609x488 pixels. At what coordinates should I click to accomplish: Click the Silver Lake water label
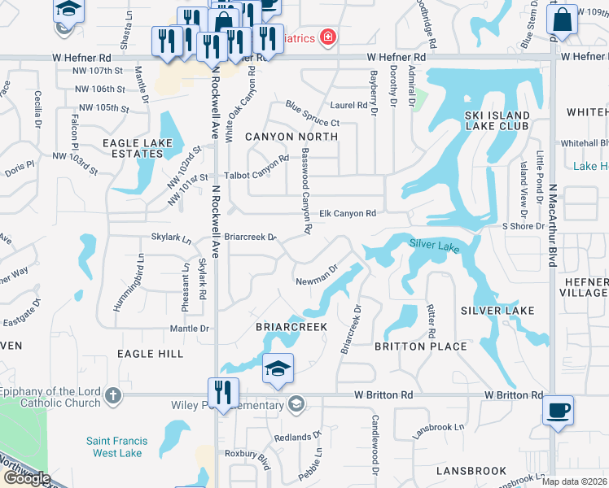click(435, 243)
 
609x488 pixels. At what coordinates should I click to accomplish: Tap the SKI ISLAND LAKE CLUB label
click(497, 120)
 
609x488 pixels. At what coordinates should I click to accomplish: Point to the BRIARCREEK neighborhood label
click(291, 326)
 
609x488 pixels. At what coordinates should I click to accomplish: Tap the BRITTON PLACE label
click(420, 346)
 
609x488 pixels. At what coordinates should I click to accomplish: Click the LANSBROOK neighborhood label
click(471, 471)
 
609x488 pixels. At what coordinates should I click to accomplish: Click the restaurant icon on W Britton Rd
click(221, 392)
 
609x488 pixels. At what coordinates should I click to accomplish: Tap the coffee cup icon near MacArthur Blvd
click(558, 410)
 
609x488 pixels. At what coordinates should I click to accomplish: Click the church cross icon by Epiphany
click(113, 396)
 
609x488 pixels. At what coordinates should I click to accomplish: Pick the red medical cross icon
click(327, 37)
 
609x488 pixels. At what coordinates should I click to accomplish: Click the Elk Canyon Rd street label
click(347, 213)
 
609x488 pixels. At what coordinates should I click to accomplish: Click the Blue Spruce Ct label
click(312, 114)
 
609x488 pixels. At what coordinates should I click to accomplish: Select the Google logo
click(26, 478)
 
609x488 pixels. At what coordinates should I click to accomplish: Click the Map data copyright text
click(575, 481)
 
